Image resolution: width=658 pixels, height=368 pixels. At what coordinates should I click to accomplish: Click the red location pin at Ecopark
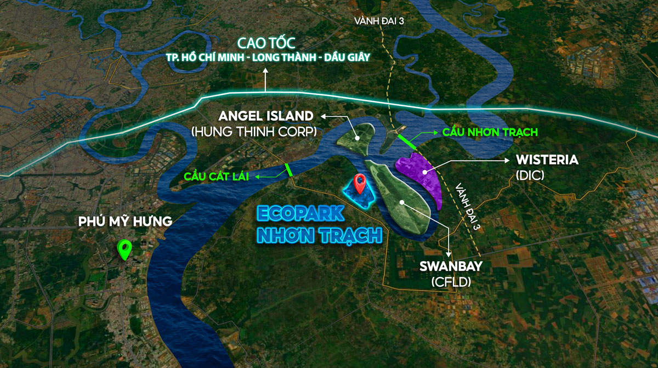360,183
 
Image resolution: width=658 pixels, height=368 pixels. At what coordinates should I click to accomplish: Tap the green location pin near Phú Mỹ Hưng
126,250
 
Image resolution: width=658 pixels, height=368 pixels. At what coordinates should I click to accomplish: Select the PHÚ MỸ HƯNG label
125,222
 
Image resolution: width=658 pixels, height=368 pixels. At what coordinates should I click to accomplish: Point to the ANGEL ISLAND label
266,116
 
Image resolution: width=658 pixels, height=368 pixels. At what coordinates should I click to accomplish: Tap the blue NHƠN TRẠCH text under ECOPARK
319,235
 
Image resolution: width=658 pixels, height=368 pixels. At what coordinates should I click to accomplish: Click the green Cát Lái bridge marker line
288,169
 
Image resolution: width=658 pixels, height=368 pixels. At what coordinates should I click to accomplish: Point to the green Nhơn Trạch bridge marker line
407,141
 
